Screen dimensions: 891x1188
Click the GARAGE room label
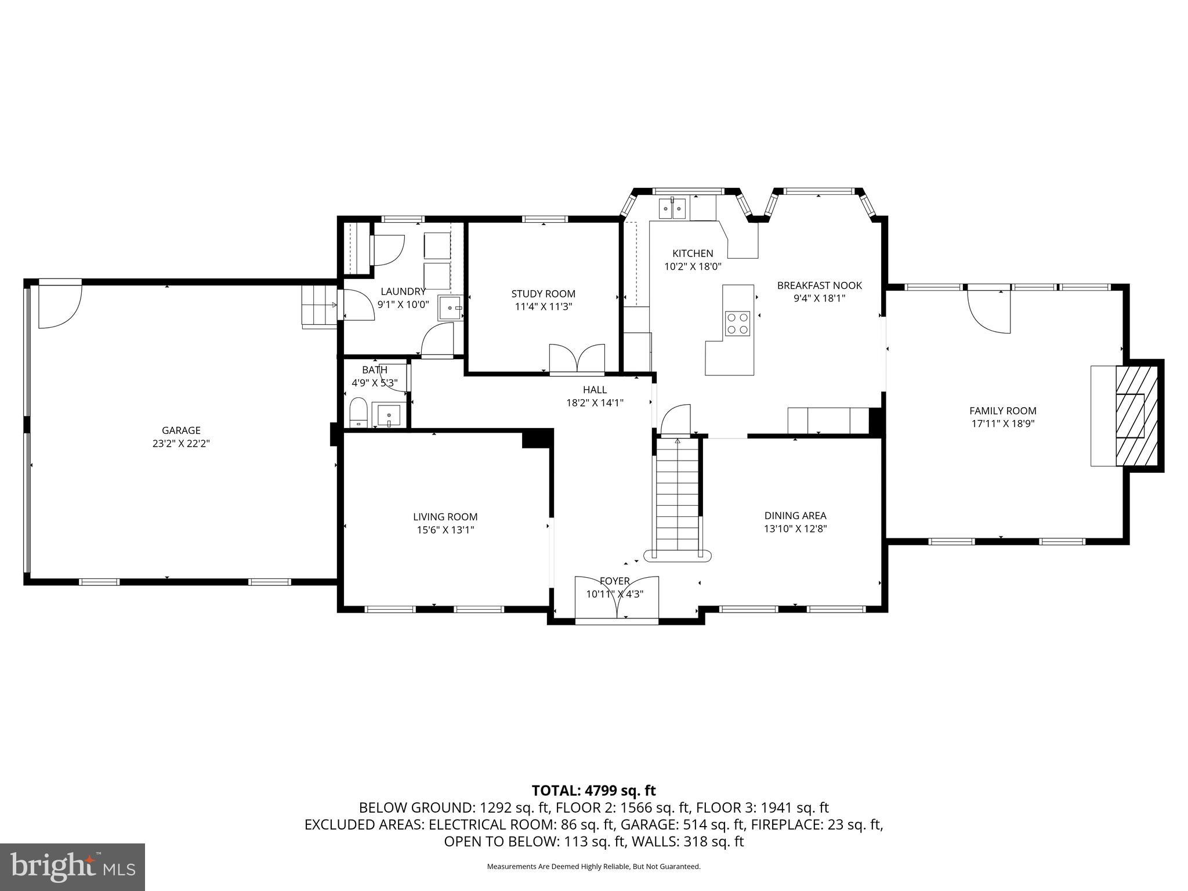[181, 430]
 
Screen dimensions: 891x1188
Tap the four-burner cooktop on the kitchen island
[737, 324]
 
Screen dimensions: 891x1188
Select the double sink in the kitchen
[672, 208]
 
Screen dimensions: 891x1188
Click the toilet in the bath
[358, 412]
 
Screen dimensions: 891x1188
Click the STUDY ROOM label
[543, 294]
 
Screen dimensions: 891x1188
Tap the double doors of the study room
[577, 358]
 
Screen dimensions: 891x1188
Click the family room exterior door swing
[990, 312]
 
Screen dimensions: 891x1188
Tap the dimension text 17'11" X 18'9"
[1003, 423]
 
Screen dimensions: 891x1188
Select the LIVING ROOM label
[445, 517]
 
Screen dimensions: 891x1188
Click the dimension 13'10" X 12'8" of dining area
[795, 528]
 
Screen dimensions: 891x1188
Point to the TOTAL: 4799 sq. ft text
[593, 790]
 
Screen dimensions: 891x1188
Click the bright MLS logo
[72, 867]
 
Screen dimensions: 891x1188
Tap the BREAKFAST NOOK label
[819, 285]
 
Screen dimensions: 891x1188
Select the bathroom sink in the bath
[389, 415]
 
